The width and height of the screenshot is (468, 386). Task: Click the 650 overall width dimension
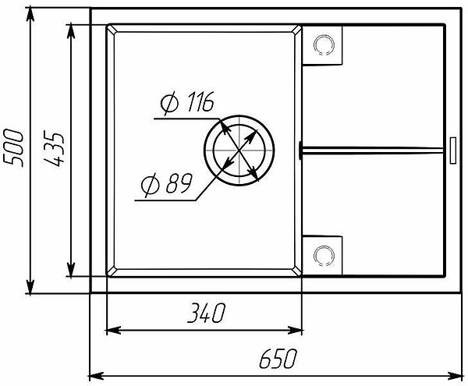tap(278, 358)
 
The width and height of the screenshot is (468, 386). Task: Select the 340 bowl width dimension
tap(206, 313)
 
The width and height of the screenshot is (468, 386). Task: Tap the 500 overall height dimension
tap(12, 148)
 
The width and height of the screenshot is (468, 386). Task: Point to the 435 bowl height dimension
tap(54, 148)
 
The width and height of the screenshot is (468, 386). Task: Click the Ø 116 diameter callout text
tap(187, 102)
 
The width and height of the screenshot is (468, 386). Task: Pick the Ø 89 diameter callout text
tap(167, 184)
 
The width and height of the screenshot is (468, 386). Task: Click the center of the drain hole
tap(239, 151)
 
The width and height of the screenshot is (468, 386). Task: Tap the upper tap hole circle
tap(324, 45)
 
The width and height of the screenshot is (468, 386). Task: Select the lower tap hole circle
tap(324, 256)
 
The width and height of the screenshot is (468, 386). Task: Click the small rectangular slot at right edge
tap(452, 151)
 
